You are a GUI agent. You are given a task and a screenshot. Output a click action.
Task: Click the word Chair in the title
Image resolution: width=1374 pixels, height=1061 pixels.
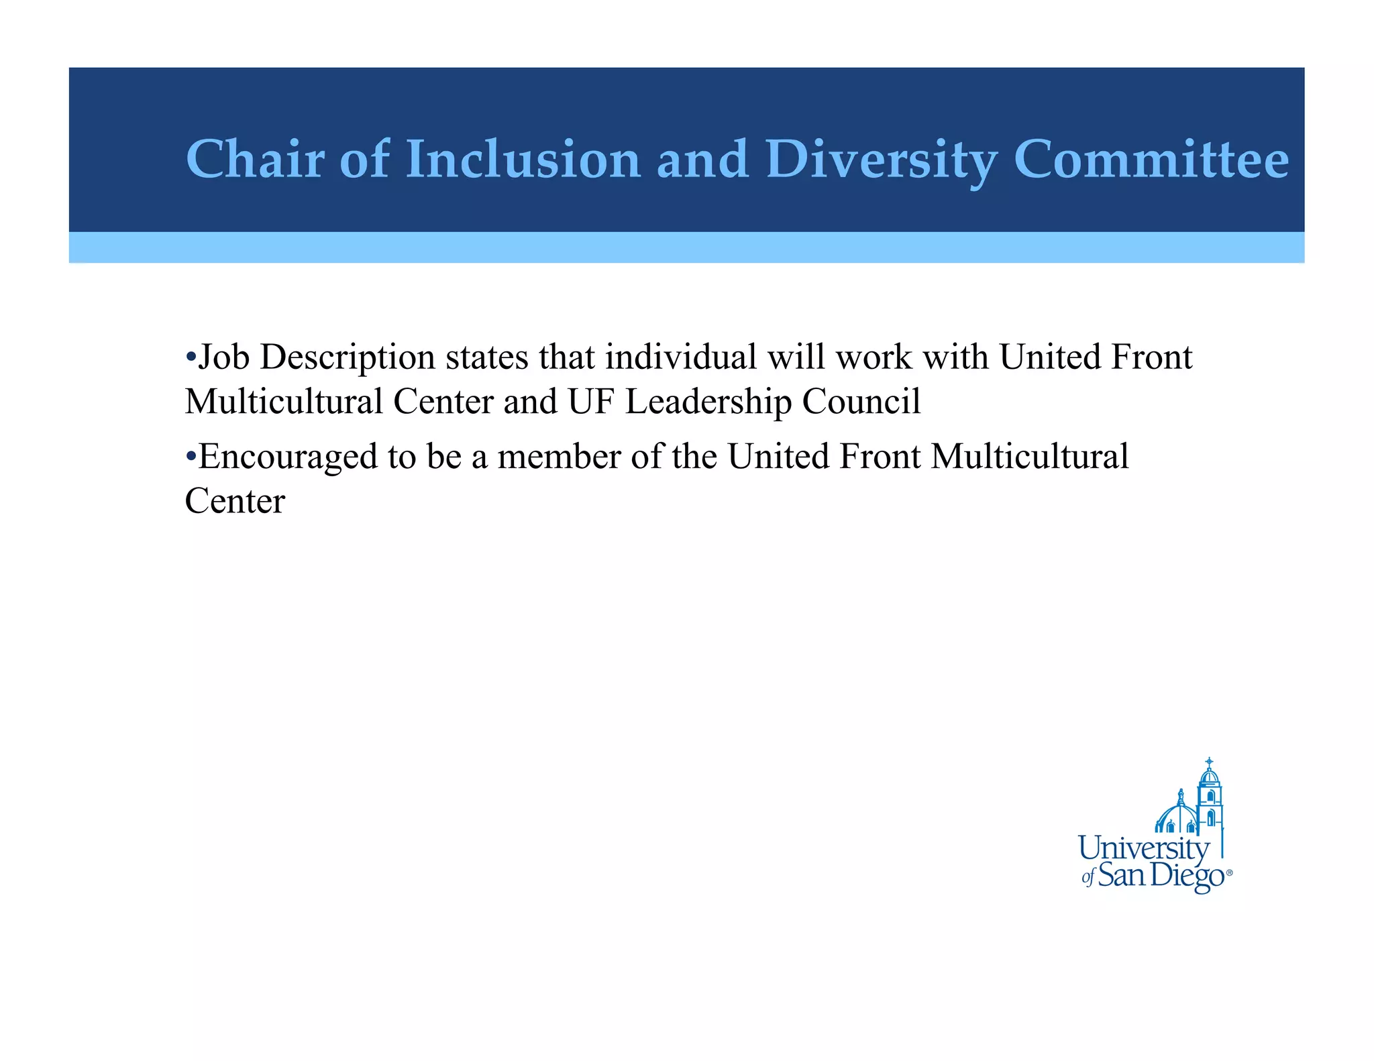click(x=255, y=159)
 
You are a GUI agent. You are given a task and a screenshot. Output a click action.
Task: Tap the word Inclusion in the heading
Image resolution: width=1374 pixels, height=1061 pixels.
click(x=523, y=159)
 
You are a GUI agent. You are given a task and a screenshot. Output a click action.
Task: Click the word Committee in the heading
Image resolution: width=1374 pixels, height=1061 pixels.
click(x=1151, y=159)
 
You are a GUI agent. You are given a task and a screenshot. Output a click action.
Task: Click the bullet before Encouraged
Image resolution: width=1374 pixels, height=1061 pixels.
click(x=191, y=457)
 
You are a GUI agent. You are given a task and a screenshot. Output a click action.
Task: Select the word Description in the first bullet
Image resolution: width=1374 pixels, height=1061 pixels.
click(x=348, y=357)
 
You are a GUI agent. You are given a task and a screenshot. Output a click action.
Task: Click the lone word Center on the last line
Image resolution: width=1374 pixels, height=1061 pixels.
click(x=235, y=502)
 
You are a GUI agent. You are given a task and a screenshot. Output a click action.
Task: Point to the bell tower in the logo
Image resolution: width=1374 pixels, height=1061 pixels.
click(x=1209, y=798)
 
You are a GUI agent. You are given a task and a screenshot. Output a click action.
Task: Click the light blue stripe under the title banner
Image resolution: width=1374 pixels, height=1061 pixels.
click(x=686, y=247)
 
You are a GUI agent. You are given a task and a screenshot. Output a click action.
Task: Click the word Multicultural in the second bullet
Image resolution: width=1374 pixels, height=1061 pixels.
click(x=1029, y=457)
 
